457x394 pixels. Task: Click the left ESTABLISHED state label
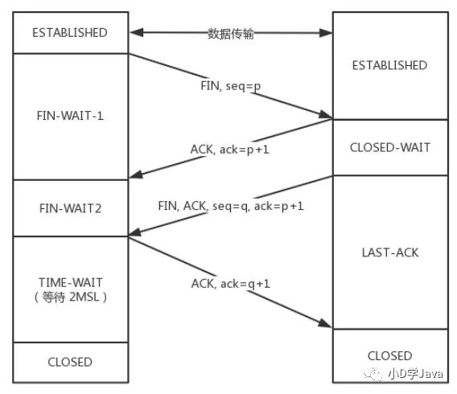pos(70,33)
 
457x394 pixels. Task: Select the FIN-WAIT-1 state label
pos(70,116)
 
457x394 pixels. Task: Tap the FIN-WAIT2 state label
pos(70,208)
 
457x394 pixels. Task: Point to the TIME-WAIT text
pos(71,282)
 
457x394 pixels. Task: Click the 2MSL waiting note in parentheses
pos(71,297)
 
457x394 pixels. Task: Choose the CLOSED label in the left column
pos(70,362)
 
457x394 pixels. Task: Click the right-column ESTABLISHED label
pos(390,65)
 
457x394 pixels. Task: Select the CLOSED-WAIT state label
pos(390,147)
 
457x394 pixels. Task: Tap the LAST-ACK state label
pos(390,252)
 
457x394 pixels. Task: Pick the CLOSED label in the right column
pos(390,355)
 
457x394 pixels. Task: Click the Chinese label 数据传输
pos(230,34)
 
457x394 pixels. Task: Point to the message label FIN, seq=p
pos(231,86)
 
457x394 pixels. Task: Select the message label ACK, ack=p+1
pos(229,150)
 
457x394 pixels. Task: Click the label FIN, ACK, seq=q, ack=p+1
pos(231,206)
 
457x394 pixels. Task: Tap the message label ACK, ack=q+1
pos(231,284)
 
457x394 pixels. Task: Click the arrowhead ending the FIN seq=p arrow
pos(326,115)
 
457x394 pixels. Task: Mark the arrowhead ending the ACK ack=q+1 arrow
pos(325,323)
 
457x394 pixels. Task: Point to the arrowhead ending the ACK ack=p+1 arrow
pos(136,174)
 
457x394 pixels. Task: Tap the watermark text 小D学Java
pos(415,374)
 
